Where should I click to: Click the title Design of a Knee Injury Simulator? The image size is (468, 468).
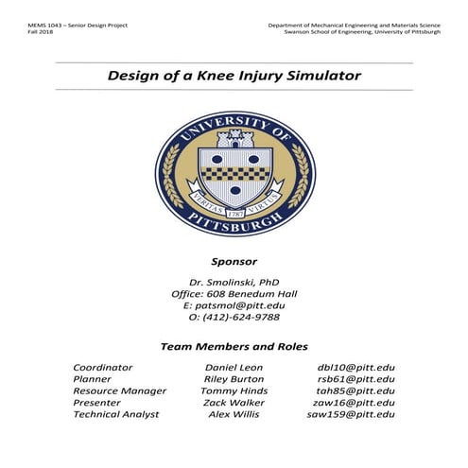pyautogui.click(x=234, y=75)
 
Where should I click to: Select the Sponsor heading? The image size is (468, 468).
pyautogui.click(x=234, y=260)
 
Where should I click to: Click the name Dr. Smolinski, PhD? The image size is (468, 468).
pyautogui.click(x=234, y=281)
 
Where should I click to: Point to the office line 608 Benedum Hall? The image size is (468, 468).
pyautogui.click(x=234, y=293)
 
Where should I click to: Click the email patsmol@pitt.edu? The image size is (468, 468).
pyautogui.click(x=234, y=305)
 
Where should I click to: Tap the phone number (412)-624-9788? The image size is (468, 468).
pyautogui.click(x=234, y=318)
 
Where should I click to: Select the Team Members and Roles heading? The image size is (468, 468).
pyautogui.click(x=234, y=346)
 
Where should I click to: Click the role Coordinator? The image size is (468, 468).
pyautogui.click(x=103, y=366)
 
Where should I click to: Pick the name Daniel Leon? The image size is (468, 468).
pyautogui.click(x=234, y=366)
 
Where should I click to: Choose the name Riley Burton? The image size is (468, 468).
pyautogui.click(x=234, y=378)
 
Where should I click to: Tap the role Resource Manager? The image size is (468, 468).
pyautogui.click(x=119, y=390)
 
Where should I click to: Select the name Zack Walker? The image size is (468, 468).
pyautogui.click(x=234, y=402)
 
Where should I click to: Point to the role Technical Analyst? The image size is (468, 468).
pyautogui.click(x=116, y=414)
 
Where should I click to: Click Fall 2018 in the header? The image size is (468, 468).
pyautogui.click(x=43, y=32)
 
